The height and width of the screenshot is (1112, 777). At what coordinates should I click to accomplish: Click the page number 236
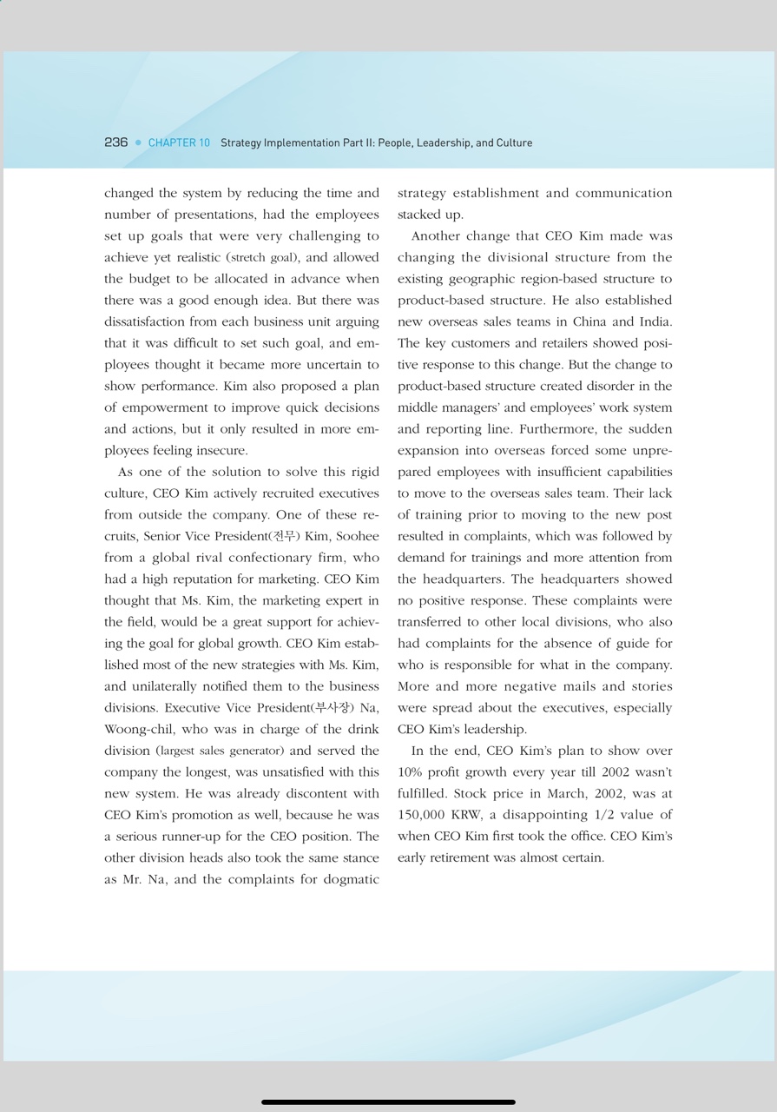(x=115, y=142)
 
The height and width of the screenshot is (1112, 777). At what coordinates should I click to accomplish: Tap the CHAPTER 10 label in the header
(x=179, y=142)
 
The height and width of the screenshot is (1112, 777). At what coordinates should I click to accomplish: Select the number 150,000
(x=421, y=815)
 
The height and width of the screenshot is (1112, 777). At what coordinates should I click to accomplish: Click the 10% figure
(x=410, y=772)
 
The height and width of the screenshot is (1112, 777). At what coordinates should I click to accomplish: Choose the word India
(x=655, y=322)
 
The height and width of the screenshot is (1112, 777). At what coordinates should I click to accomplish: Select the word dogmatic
(x=350, y=879)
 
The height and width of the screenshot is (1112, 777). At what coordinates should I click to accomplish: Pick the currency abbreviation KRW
(x=467, y=815)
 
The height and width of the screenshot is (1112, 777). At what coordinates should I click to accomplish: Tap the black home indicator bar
(x=388, y=1102)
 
